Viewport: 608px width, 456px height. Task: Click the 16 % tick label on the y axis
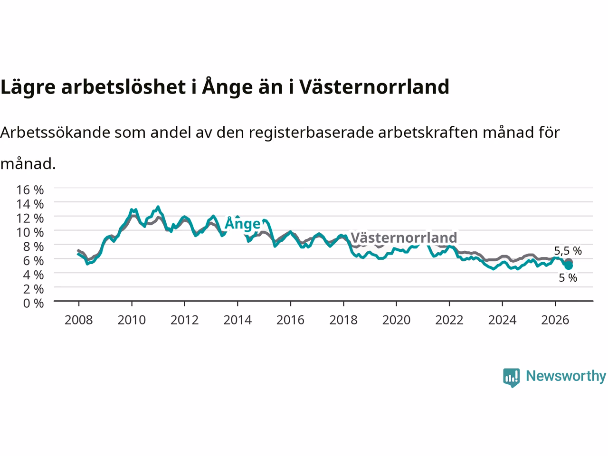click(30, 190)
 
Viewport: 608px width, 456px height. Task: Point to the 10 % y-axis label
click(30, 232)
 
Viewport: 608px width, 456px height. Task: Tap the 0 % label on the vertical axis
click(33, 303)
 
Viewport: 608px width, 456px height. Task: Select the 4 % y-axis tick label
click(33, 275)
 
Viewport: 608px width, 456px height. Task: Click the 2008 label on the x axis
click(79, 320)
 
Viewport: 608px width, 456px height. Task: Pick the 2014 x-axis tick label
click(237, 320)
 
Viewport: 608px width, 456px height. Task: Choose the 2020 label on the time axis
click(396, 320)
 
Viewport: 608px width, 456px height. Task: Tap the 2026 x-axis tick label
click(555, 320)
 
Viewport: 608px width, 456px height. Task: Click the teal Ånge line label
click(243, 223)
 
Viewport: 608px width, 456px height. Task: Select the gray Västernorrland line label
click(404, 237)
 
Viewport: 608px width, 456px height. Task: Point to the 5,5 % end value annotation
click(568, 251)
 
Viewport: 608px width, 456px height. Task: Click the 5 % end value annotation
click(568, 278)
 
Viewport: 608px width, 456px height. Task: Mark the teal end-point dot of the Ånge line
click(569, 266)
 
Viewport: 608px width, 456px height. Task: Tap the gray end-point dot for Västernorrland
click(569, 262)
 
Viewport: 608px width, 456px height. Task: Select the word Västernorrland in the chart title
click(374, 86)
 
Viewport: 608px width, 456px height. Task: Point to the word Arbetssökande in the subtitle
click(55, 133)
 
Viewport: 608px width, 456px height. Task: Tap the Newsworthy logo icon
click(511, 378)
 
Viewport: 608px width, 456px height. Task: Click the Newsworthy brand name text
click(566, 377)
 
